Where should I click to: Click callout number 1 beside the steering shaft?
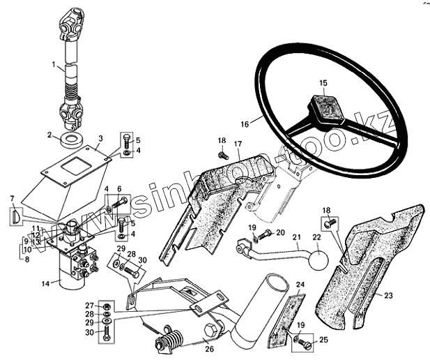[x=54, y=65]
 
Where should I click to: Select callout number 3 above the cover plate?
[x=100, y=139]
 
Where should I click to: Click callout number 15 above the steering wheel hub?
[x=323, y=83]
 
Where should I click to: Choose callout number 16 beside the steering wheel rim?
[x=244, y=124]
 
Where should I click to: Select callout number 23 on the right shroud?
[x=388, y=296]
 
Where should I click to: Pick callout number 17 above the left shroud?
[x=237, y=144]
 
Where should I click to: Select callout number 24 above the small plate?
[x=301, y=285]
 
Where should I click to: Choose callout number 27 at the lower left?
[x=89, y=306]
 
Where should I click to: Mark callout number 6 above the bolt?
[x=119, y=189]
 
